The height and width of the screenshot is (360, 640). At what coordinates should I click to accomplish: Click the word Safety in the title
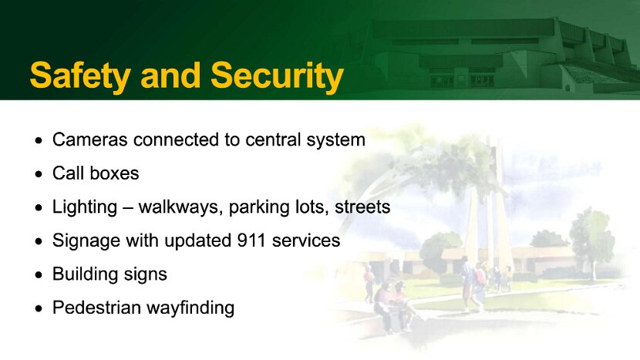[80, 76]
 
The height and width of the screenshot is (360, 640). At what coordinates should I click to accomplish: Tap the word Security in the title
[277, 76]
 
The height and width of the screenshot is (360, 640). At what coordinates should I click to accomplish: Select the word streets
[362, 207]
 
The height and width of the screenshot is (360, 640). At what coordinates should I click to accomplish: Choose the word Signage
[86, 241]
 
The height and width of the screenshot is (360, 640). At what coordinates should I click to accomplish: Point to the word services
[306, 241]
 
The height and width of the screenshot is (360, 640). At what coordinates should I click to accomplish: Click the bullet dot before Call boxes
[39, 174]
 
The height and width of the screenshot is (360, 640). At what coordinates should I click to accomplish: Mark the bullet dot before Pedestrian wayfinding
[39, 308]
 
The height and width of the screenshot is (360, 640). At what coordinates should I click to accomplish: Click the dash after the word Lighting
[128, 209]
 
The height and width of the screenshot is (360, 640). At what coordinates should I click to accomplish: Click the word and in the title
[170, 76]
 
